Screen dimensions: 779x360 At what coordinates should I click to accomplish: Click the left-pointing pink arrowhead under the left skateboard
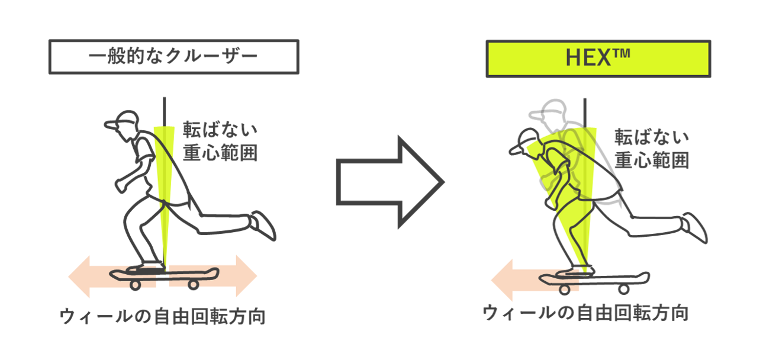79,277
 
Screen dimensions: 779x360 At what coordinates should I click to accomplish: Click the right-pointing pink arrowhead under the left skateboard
246,276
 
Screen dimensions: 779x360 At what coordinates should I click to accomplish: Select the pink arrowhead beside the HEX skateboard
502,280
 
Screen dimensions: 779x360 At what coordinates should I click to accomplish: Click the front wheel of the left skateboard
136,285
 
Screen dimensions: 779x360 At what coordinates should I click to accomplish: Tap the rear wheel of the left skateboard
194,285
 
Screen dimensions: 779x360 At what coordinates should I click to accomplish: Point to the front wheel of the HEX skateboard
565,290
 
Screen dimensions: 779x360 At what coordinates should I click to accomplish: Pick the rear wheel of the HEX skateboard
624,289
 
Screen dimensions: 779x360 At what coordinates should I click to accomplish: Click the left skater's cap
122,120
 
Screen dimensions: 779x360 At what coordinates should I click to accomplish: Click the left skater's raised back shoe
263,226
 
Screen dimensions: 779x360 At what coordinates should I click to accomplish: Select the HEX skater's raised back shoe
695,228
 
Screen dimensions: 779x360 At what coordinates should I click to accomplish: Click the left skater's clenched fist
121,186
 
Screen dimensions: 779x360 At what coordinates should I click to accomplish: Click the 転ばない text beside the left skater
220,130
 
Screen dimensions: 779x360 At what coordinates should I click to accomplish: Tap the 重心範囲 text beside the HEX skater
652,160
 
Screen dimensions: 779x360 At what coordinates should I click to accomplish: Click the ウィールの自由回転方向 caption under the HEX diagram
585,313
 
